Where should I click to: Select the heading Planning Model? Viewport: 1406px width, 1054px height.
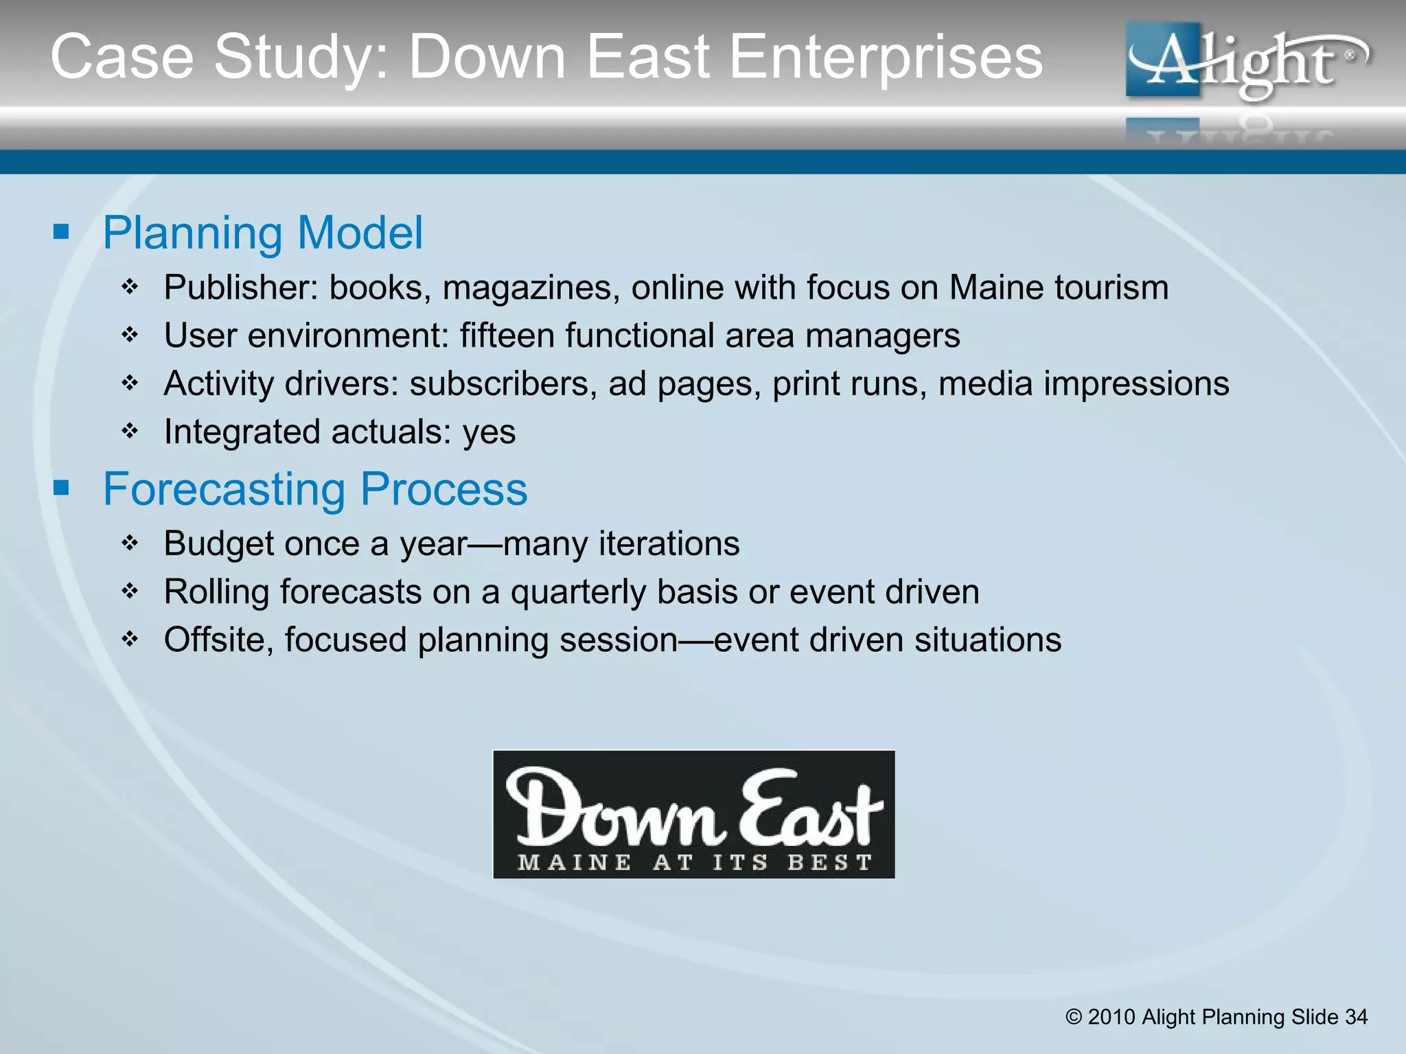pos(263,233)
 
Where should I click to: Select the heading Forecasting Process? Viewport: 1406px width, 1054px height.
pos(315,489)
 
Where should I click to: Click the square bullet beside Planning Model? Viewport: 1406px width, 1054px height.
pos(62,232)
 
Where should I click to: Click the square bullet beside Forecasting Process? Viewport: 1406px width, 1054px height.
pos(62,489)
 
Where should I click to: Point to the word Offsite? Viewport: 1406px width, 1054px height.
pos(219,640)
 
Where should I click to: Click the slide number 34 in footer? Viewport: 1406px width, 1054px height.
pos(1356,1017)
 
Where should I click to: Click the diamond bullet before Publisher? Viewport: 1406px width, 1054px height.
pos(130,287)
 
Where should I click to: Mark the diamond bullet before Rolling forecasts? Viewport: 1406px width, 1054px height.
pos(130,591)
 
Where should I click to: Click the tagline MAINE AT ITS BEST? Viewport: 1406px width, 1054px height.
pos(694,862)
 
